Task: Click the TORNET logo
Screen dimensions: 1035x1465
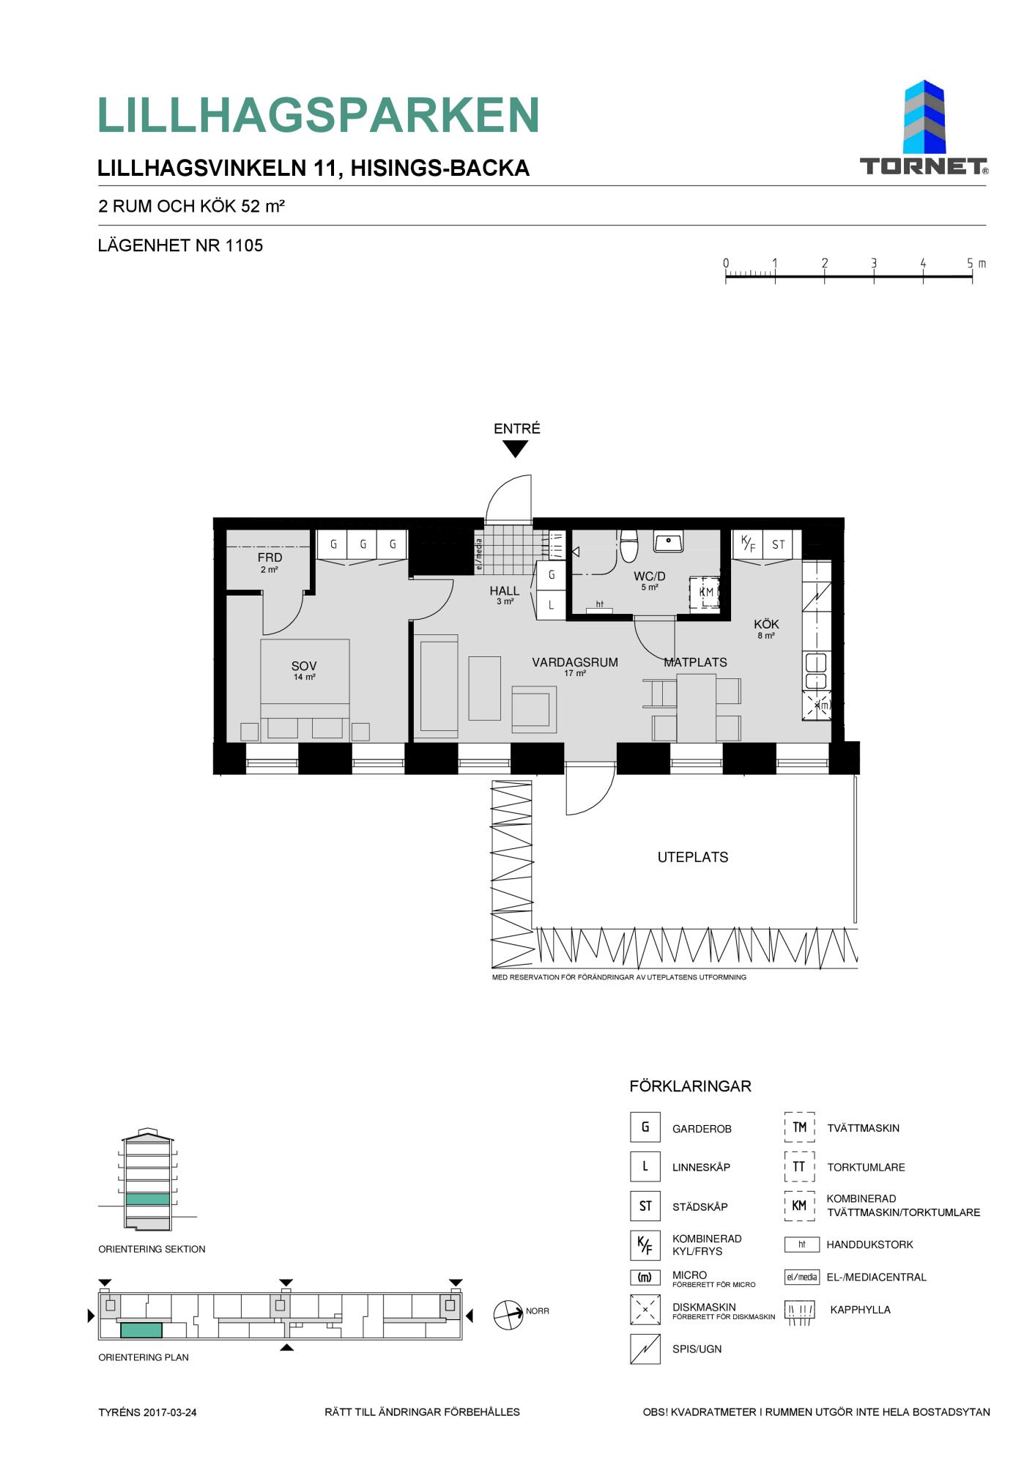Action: (924, 127)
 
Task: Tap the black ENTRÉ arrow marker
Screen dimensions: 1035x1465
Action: (516, 449)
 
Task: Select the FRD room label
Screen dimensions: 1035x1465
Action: (270, 557)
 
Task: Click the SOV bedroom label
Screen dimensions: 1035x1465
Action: (304, 666)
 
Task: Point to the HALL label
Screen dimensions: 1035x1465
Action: (505, 591)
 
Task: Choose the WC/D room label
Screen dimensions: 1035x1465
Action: (650, 576)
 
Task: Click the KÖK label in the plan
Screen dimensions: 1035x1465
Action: (766, 624)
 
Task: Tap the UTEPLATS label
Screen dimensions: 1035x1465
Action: (693, 857)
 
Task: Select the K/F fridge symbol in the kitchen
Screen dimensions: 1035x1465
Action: (748, 544)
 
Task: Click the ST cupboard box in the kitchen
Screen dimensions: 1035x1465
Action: (778, 544)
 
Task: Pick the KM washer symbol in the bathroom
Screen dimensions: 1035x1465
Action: (705, 592)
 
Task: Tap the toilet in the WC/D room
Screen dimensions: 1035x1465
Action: (629, 546)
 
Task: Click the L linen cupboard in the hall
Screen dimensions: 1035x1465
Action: (552, 605)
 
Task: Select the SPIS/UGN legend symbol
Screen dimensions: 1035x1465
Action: (645, 1349)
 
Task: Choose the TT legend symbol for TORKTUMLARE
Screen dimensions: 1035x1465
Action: (799, 1167)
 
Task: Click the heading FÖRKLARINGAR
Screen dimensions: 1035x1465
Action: (690, 1086)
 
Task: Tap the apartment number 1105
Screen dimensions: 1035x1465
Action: (244, 245)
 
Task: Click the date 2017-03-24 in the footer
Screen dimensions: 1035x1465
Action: (170, 1412)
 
